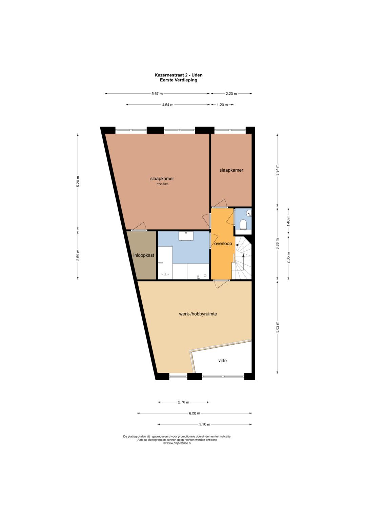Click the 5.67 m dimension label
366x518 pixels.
pyautogui.click(x=157, y=94)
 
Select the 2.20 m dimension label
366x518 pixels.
pyautogui.click(x=231, y=94)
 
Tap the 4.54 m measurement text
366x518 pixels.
pyautogui.click(x=168, y=105)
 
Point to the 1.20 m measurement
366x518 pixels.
pyautogui.click(x=222, y=105)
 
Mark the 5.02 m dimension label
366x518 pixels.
pyautogui.click(x=278, y=327)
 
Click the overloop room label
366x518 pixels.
pyautogui.click(x=223, y=244)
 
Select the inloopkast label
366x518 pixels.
pyautogui.click(x=144, y=255)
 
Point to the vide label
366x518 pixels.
pyautogui.click(x=223, y=361)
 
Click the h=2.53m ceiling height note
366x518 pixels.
pyautogui.click(x=163, y=184)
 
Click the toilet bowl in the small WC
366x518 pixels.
pyautogui.click(x=243, y=225)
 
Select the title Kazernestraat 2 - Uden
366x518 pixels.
pyautogui.click(x=179, y=75)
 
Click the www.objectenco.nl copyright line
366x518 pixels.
pyautogui.click(x=177, y=443)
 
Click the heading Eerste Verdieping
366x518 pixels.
pyautogui.click(x=179, y=80)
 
